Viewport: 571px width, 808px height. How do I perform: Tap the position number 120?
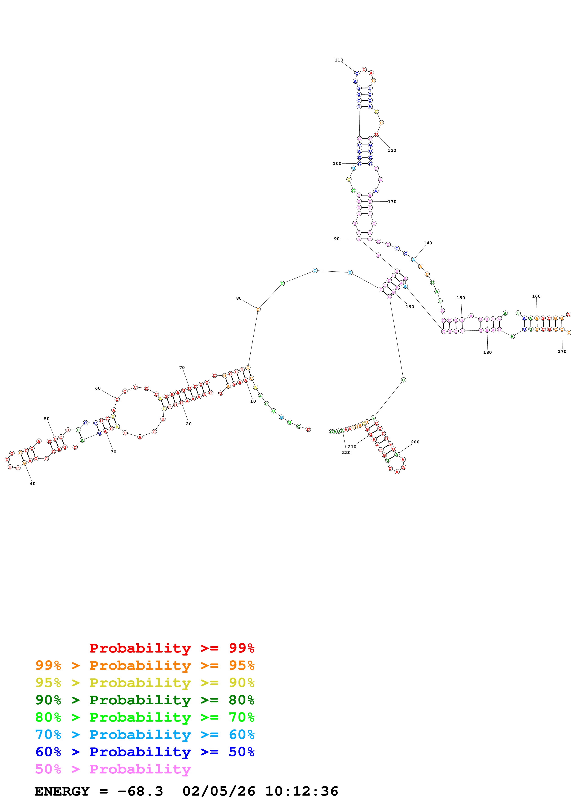[x=392, y=150]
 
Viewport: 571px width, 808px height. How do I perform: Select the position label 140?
[x=428, y=243]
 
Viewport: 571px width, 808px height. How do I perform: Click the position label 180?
[x=487, y=352]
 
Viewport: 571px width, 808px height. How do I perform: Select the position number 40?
[x=32, y=483]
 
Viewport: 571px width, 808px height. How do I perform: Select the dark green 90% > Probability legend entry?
[x=145, y=700]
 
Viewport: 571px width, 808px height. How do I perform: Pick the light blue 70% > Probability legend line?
[x=145, y=735]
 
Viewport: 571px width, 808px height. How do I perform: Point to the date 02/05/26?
[x=219, y=791]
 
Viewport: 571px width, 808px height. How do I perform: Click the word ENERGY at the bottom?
[x=62, y=791]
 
